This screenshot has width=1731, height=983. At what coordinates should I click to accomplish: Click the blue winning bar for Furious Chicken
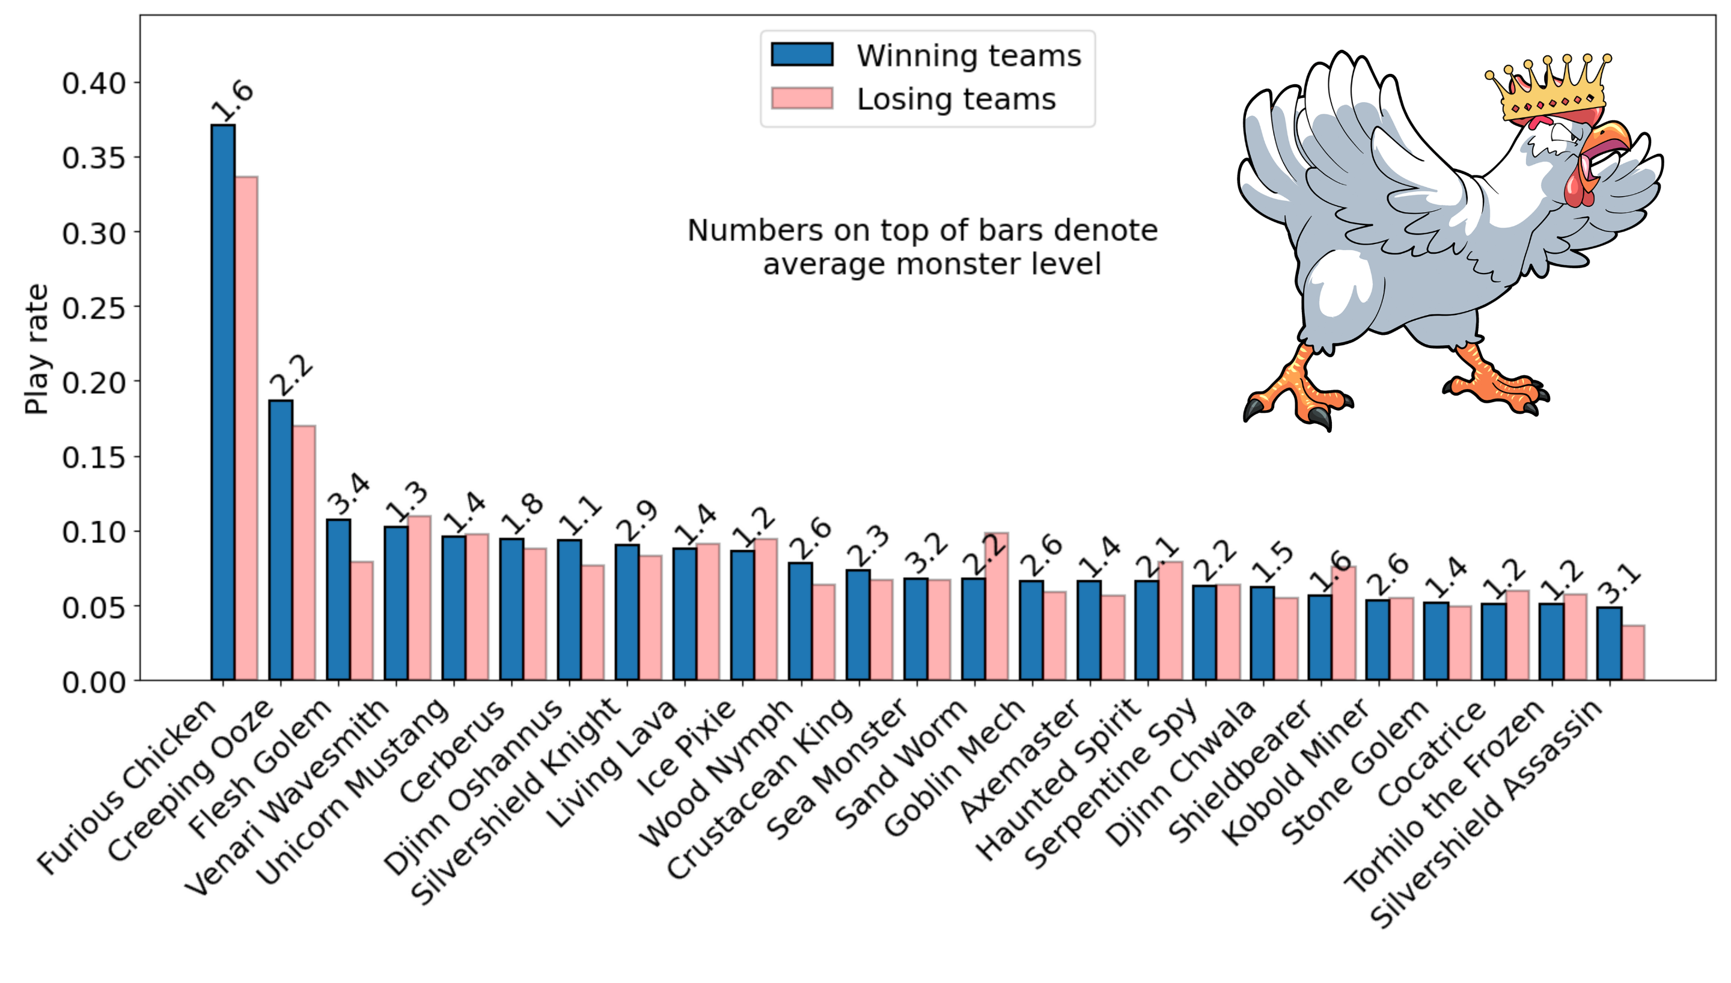point(223,402)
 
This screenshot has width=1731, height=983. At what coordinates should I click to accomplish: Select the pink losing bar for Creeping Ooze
point(304,553)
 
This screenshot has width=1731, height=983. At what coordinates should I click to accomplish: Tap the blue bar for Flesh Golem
point(338,599)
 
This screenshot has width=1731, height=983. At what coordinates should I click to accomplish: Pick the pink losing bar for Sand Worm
point(997,605)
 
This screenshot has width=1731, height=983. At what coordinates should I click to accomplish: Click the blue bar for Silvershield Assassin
point(1609,643)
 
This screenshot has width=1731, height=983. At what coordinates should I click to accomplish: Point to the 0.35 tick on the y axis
point(136,158)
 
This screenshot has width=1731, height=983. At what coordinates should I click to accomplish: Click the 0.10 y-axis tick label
point(94,532)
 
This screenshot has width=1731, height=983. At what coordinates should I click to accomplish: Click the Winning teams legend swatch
point(802,55)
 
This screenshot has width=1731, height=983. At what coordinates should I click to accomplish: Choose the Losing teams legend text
point(956,99)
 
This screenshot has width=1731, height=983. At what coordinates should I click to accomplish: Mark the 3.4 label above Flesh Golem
point(349,495)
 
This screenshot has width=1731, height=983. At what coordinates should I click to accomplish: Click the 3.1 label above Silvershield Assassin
point(1620,584)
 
